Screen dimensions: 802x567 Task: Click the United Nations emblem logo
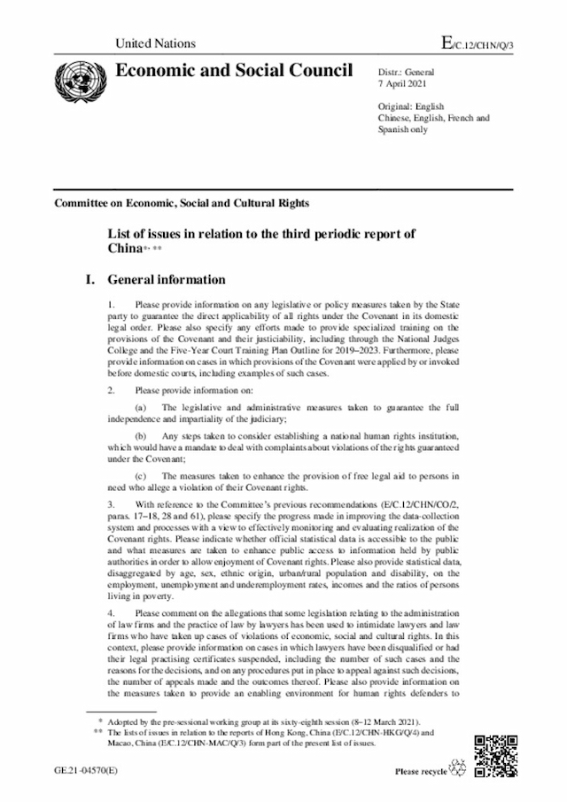click(79, 78)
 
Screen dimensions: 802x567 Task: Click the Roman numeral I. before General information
click(89, 278)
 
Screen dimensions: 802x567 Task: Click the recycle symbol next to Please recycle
click(460, 767)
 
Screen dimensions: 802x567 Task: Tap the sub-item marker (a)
click(142, 407)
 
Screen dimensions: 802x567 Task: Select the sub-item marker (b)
click(142, 436)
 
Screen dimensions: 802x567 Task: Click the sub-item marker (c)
click(142, 477)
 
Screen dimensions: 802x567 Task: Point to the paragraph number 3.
click(110, 505)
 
